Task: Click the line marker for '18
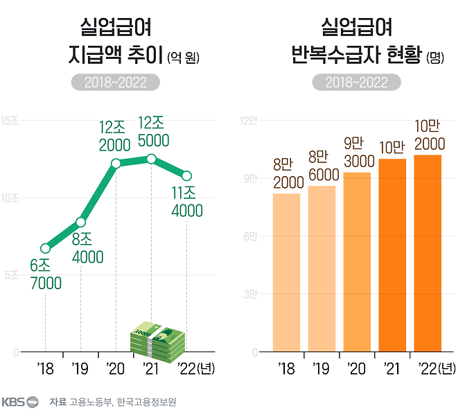(46, 248)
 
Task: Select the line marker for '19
(80, 222)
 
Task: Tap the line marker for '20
(116, 164)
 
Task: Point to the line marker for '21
(151, 159)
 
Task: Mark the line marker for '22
(186, 175)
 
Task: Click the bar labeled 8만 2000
(286, 272)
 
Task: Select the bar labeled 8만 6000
(322, 269)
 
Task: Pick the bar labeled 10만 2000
(428, 253)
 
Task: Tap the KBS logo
(20, 401)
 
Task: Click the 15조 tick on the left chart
(10, 121)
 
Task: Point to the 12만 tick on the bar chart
(248, 121)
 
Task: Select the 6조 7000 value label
(46, 275)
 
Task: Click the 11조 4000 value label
(187, 202)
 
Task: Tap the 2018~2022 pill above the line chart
(115, 83)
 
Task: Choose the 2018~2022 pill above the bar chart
(356, 83)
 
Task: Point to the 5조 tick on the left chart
(10, 275)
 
